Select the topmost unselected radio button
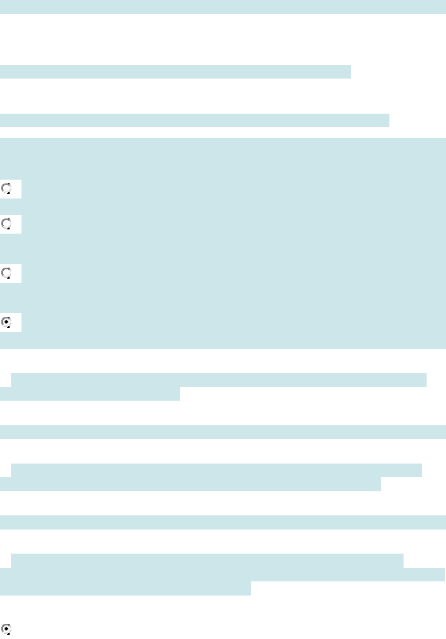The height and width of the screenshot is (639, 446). coord(7,188)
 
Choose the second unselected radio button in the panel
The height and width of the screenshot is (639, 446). coord(7,224)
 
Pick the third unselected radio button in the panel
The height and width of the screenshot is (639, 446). coord(7,273)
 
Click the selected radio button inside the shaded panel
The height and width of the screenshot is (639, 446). coord(7,322)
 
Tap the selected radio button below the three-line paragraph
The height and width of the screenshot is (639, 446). coord(7,629)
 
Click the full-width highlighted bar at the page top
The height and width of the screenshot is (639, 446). coord(223,7)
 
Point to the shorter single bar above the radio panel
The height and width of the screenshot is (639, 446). coord(175,72)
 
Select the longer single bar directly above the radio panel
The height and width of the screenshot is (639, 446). coord(194,120)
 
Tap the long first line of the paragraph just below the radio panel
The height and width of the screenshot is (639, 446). coord(219,380)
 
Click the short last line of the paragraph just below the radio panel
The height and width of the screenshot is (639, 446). coord(90,394)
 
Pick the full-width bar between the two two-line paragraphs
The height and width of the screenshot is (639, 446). coord(223,432)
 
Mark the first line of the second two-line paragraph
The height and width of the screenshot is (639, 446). coord(216,470)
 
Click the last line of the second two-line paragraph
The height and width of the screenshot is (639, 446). coord(190,484)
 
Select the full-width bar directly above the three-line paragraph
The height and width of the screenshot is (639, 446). coord(223,522)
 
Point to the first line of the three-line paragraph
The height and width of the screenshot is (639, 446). coord(206,560)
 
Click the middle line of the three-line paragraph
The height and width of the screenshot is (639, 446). coord(223,575)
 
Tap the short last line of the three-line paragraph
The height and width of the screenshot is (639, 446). coord(125,589)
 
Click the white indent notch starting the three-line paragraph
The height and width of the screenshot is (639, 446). coord(5,560)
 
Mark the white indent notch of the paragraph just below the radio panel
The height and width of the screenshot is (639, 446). coord(5,380)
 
